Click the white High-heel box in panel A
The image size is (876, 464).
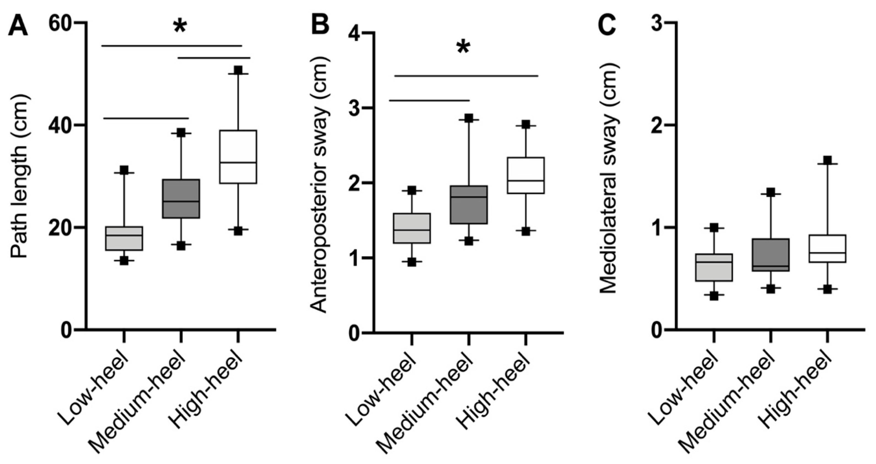point(238,156)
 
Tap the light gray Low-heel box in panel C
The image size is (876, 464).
point(713,267)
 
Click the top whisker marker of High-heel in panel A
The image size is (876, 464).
point(238,70)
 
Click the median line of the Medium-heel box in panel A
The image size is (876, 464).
point(181,201)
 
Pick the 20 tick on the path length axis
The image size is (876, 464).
point(61,227)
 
